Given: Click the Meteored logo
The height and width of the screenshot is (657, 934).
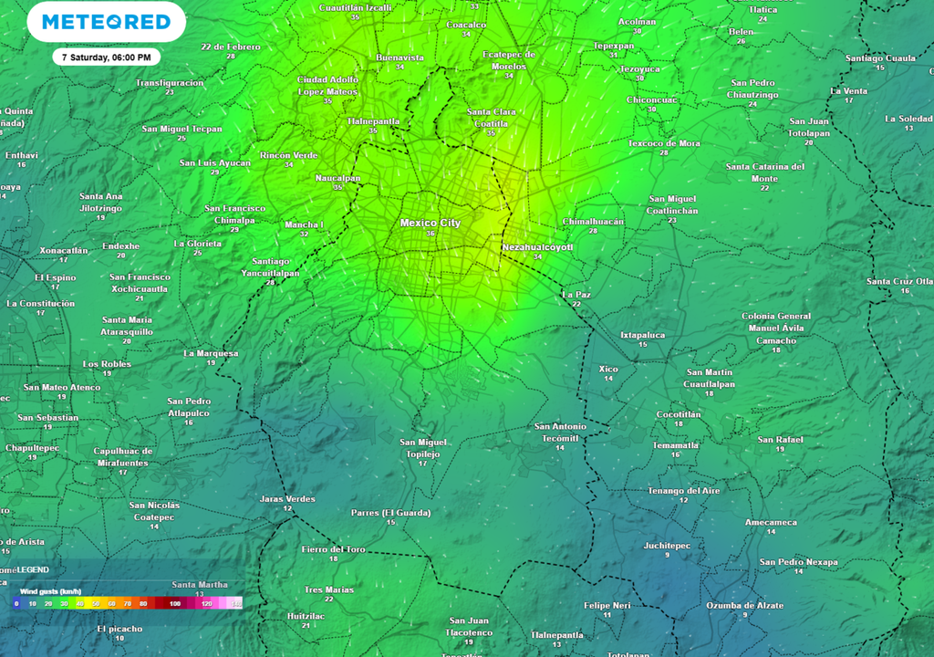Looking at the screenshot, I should [107, 22].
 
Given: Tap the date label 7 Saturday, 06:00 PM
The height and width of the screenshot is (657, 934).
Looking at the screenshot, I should [106, 57].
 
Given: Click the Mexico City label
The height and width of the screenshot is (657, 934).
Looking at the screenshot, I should [431, 223].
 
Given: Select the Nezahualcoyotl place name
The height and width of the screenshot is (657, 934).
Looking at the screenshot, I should [537, 247].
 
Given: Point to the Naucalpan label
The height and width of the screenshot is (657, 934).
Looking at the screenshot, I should [337, 178].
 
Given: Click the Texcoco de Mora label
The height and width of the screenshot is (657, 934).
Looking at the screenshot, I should [664, 143].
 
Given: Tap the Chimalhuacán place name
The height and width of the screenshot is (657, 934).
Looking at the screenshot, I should [593, 222].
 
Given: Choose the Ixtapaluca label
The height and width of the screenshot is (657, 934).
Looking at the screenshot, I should [643, 335].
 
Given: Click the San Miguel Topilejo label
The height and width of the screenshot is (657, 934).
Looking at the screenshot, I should [422, 448].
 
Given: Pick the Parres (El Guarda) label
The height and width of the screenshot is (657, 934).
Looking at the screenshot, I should [390, 513].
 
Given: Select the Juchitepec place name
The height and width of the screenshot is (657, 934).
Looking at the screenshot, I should [667, 546].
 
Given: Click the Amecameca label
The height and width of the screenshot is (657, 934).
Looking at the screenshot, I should [771, 523].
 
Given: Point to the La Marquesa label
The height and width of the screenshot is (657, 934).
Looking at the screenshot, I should [211, 353].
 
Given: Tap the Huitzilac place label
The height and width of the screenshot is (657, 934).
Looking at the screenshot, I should [306, 616].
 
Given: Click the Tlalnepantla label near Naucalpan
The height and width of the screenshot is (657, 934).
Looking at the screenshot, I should [373, 120].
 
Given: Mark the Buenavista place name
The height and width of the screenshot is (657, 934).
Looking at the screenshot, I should [400, 57].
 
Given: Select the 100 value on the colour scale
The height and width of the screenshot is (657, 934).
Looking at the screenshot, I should [174, 604].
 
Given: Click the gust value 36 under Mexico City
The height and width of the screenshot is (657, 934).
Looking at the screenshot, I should [431, 234].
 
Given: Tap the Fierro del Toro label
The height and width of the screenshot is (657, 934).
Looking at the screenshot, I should [334, 549].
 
